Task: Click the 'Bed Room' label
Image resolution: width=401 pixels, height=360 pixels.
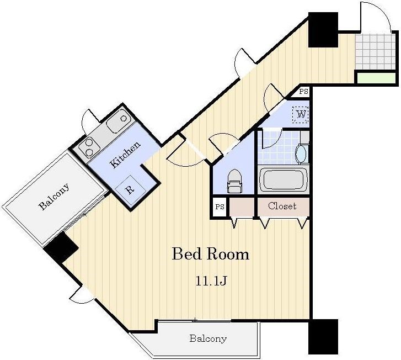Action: coord(210,255)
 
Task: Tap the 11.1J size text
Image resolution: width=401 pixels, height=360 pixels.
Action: coord(211,281)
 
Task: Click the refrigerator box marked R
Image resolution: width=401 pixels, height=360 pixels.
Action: coord(130,189)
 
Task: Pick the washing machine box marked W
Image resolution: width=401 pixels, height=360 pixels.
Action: coord(301,114)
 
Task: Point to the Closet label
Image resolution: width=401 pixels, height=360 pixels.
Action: coord(282,206)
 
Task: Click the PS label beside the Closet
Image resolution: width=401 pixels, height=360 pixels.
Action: coord(219,207)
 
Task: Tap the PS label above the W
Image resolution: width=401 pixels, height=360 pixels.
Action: coord(303,92)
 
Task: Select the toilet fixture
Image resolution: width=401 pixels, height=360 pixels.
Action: coord(234,182)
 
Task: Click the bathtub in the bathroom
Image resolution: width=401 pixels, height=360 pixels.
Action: coord(283,179)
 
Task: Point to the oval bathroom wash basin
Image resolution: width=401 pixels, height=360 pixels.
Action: coord(301,153)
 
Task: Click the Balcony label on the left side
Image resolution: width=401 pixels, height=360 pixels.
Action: coord(54,197)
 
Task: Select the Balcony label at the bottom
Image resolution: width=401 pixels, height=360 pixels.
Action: coord(207,338)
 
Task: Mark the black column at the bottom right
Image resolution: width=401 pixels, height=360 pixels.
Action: coord(323,336)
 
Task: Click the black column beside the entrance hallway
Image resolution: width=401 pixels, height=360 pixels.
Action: coord(323,29)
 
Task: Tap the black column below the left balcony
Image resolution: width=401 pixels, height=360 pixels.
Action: coord(61,248)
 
